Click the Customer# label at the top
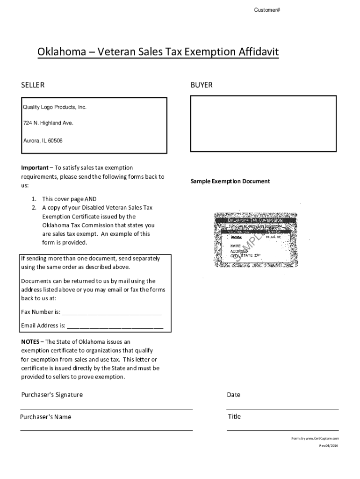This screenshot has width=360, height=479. [267, 10]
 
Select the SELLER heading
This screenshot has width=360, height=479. [33, 85]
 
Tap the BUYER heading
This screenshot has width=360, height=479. [201, 85]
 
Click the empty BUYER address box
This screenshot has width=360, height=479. [263, 123]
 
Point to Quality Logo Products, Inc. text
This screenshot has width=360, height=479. [55, 107]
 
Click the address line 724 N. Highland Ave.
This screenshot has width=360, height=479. [48, 123]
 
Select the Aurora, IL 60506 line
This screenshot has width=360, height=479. [43, 140]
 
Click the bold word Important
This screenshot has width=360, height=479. [35, 167]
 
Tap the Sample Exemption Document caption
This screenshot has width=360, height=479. [230, 181]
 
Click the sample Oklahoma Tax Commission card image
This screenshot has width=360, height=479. [256, 239]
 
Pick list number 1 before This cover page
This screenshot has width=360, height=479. [34, 199]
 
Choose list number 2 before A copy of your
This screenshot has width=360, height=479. [34, 207]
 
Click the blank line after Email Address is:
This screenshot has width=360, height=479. [115, 326]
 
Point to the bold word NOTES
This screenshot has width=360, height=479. [30, 341]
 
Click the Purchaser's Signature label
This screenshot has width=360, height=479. [52, 395]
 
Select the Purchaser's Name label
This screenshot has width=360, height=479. [46, 417]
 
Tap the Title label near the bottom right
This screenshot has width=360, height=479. [234, 416]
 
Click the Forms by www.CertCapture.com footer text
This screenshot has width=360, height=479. [315, 438]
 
